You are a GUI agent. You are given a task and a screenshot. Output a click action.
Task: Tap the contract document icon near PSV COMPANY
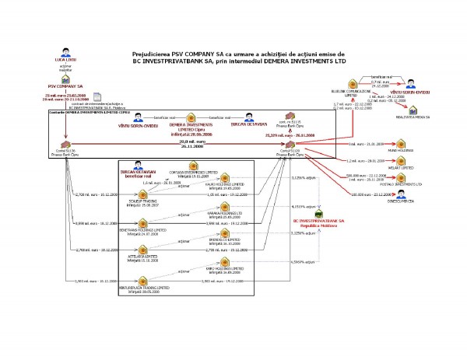coord(97,98)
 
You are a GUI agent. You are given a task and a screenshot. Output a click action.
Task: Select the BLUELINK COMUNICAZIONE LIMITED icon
coord(351,83)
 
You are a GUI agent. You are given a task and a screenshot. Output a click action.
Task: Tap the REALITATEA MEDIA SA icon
coord(407,108)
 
